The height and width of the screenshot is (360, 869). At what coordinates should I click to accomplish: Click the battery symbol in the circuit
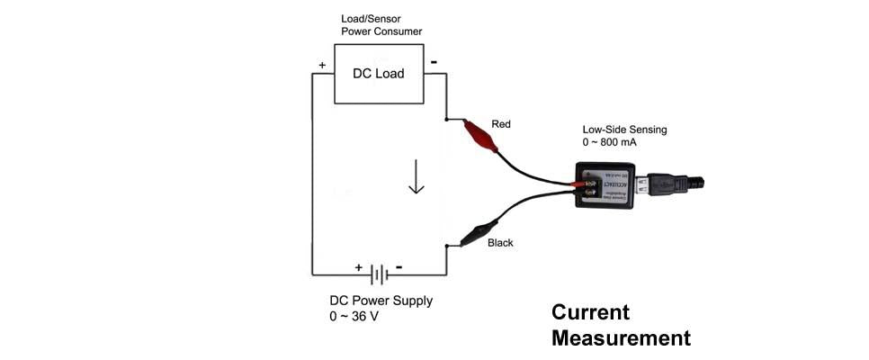[381, 274]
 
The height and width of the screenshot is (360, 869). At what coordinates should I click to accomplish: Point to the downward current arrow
[416, 176]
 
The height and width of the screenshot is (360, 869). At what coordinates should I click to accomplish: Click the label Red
[500, 123]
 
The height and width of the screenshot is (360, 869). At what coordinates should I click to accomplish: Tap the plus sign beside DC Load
[322, 65]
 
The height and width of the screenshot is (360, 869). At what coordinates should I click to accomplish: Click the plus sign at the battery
[359, 267]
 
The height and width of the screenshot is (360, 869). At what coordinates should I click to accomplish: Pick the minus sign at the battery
[399, 267]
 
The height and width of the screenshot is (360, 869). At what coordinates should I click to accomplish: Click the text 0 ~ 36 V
[354, 317]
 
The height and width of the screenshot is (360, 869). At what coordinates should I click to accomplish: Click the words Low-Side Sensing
[624, 130]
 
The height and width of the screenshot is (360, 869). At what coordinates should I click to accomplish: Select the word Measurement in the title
[621, 338]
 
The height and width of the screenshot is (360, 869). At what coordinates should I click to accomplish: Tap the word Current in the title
[590, 312]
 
